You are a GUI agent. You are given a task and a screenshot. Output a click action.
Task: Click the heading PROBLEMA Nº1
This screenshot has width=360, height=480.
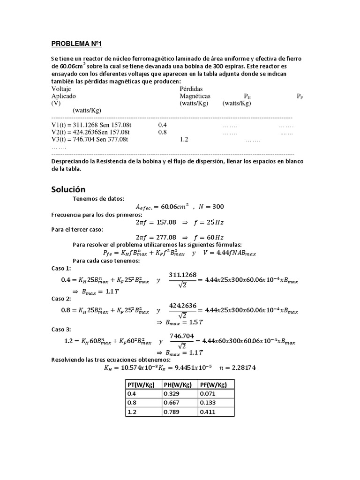76,44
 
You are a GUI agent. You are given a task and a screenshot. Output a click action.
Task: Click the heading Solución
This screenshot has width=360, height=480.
68,189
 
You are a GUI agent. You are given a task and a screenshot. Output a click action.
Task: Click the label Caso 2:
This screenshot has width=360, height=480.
61,299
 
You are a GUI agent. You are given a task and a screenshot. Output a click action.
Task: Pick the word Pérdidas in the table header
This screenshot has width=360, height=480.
191,88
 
